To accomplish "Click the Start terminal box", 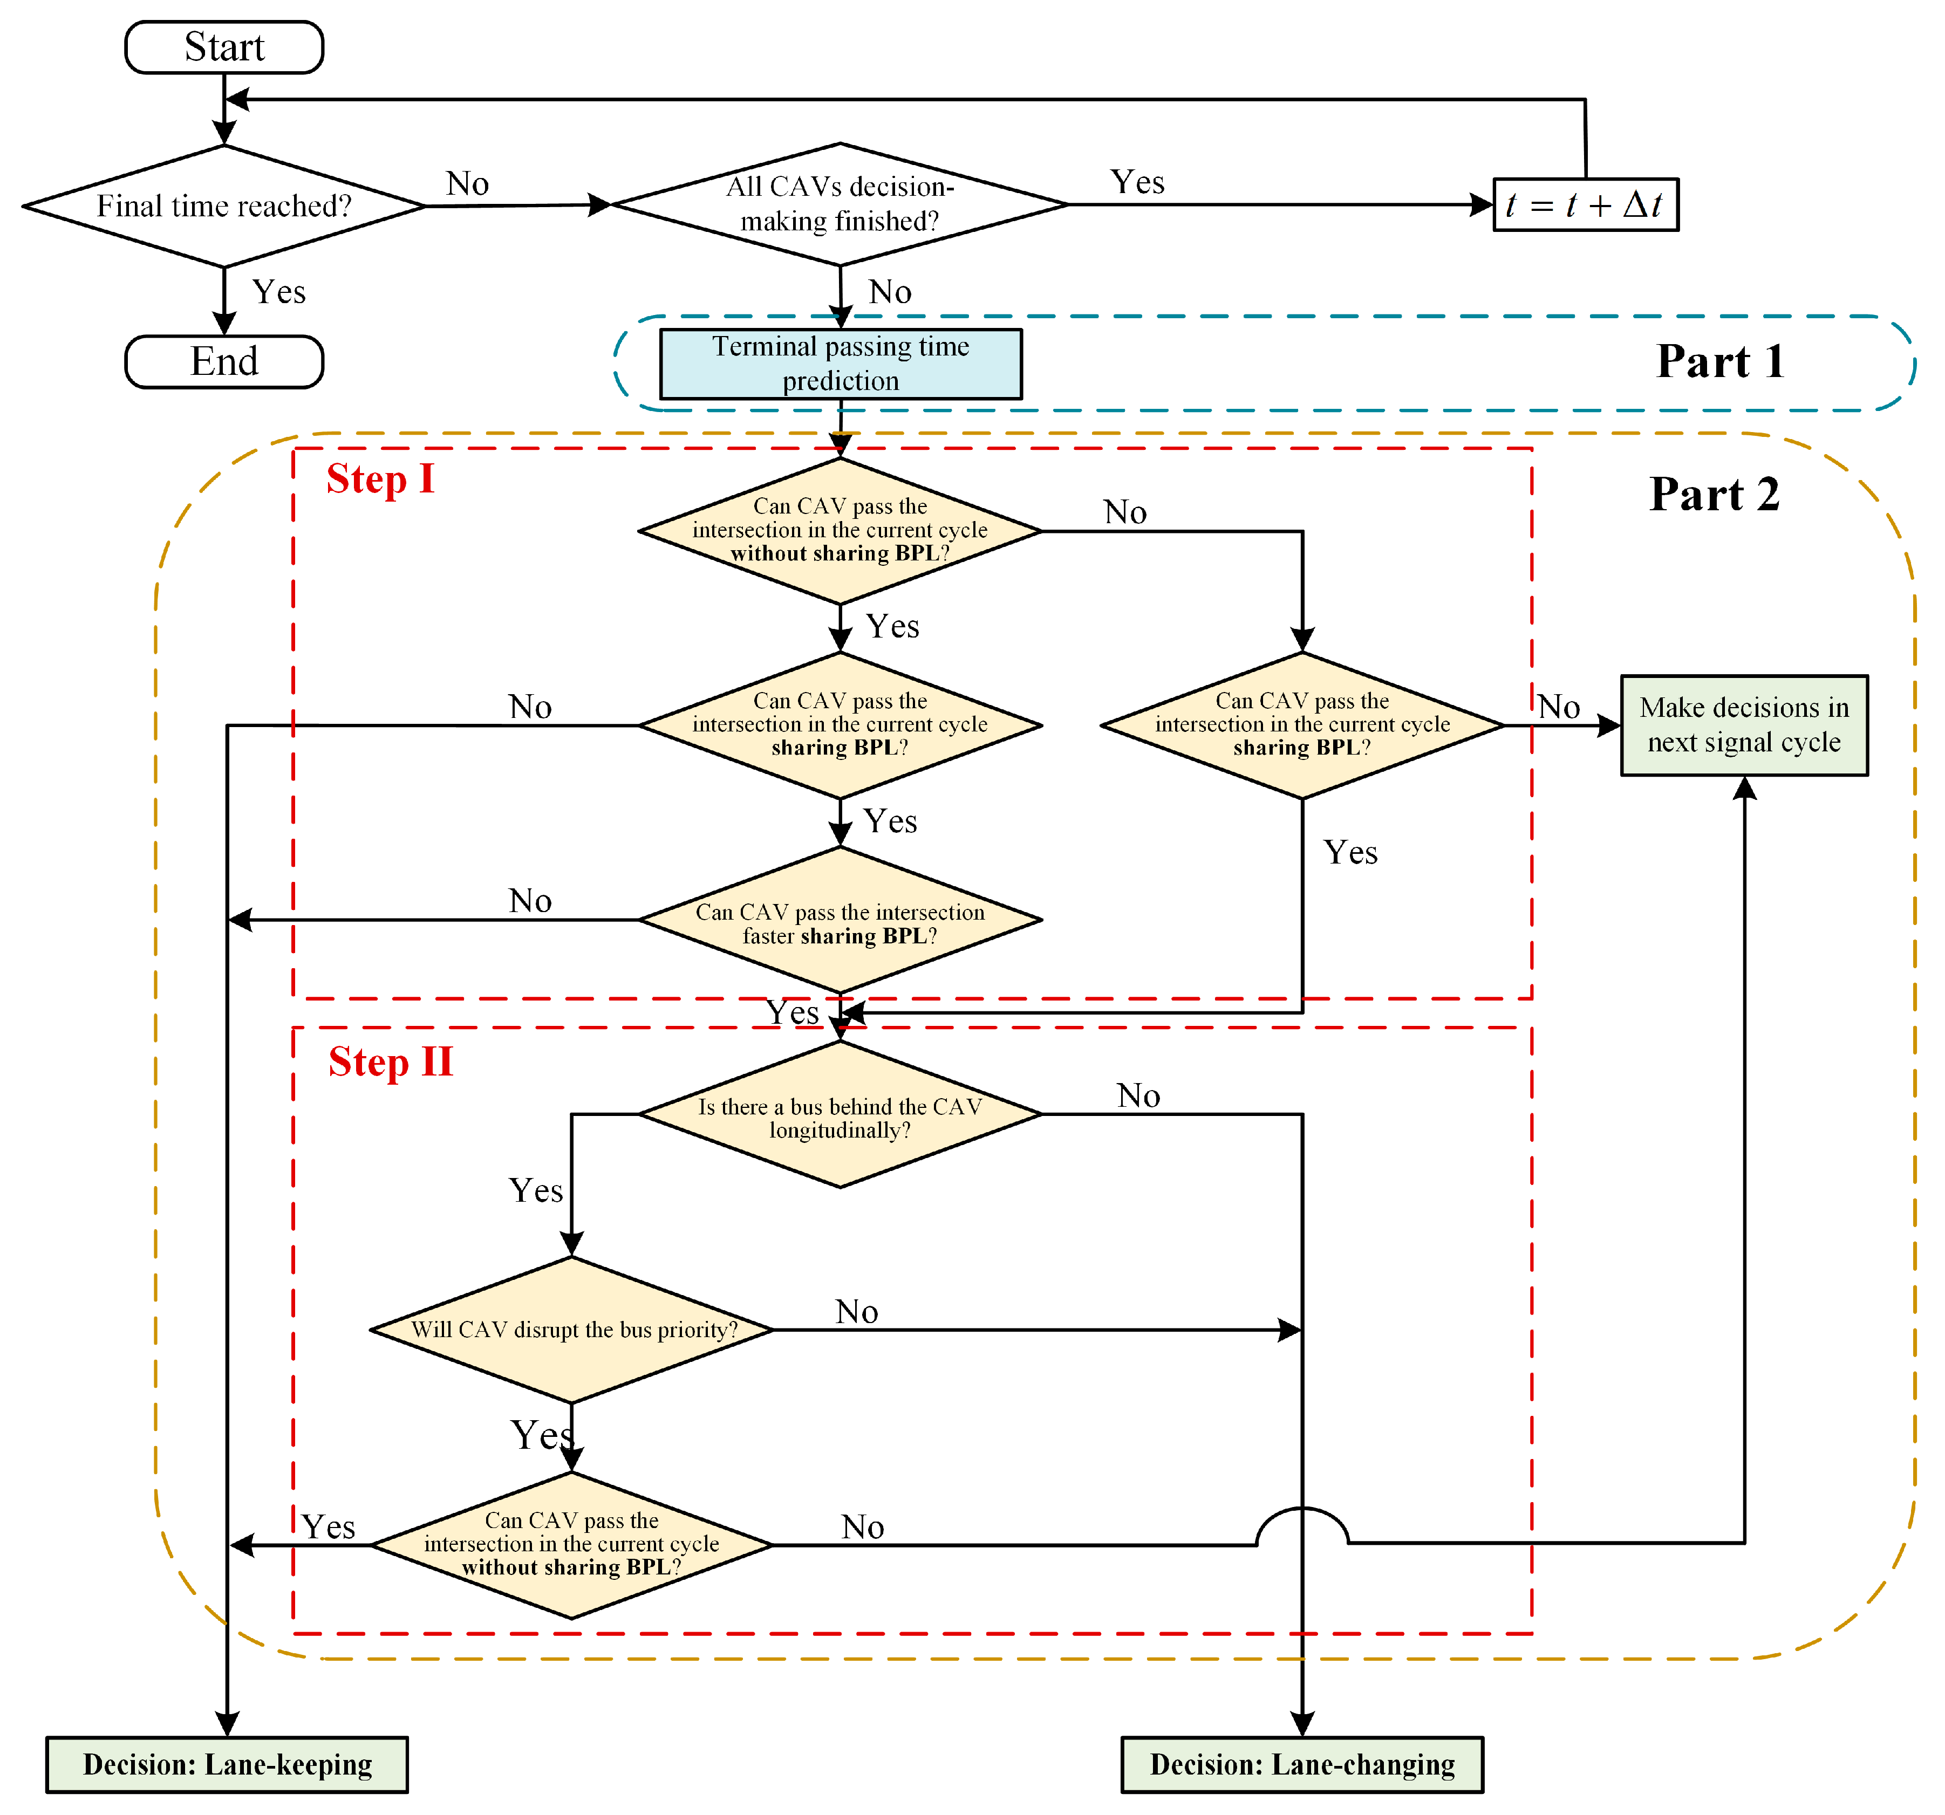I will (224, 47).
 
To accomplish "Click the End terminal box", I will (224, 362).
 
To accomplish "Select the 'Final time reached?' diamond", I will (224, 207).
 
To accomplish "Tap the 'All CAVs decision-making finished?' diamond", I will (840, 204).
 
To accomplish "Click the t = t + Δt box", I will (1585, 204).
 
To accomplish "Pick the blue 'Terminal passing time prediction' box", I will (841, 364).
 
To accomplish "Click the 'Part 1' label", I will (1720, 362).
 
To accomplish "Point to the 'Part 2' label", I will (1714, 495).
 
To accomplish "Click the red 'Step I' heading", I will (380, 479).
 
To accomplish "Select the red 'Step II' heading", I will (391, 1062).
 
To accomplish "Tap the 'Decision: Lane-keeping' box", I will (227, 1764).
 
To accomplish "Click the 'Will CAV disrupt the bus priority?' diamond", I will (572, 1330).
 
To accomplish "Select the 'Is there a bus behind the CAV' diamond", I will (840, 1115).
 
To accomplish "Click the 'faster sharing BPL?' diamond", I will (840, 920).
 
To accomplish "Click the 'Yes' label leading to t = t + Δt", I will (1137, 183).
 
